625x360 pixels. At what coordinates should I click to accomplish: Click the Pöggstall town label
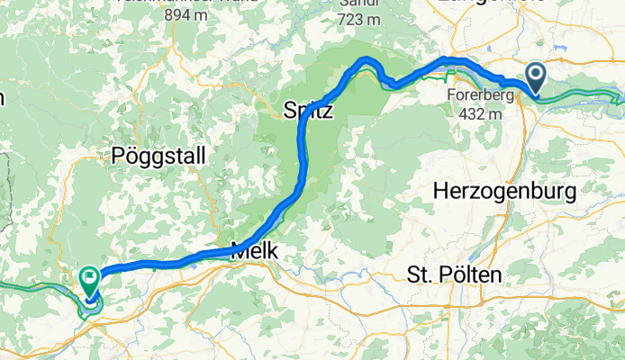tap(159, 156)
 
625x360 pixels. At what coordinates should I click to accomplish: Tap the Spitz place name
tap(309, 112)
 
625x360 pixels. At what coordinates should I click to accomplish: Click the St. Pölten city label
tap(454, 274)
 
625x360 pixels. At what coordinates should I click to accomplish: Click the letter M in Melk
tap(238, 254)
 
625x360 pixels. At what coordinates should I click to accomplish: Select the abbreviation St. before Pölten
tap(421, 274)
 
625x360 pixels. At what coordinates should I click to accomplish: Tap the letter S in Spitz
tap(289, 112)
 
